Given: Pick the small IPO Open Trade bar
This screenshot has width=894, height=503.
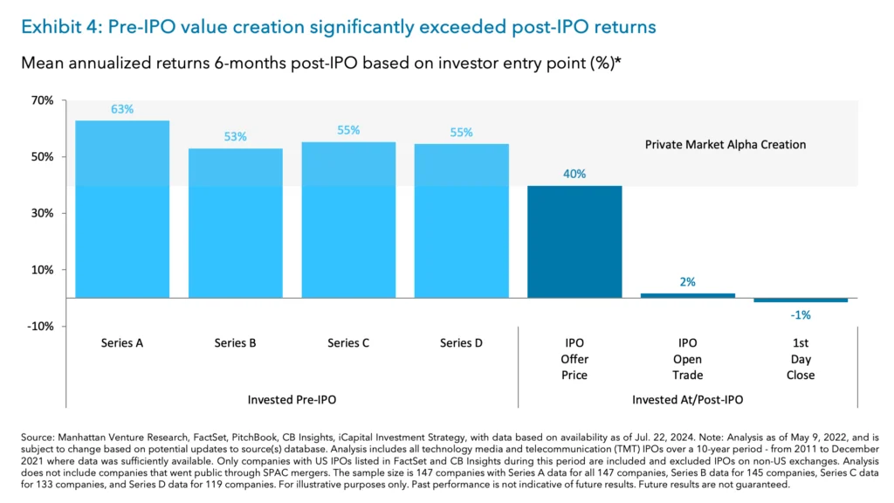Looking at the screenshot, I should [688, 295].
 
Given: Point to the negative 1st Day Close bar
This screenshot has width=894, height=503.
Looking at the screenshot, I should [801, 300].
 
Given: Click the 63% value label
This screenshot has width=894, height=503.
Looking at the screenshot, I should [122, 109].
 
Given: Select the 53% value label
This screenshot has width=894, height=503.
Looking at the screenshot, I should [235, 136].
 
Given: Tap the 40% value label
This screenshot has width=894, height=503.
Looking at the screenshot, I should [574, 174].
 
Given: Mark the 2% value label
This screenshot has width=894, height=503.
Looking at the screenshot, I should [688, 282].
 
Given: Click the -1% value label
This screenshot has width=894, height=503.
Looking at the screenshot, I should [801, 314].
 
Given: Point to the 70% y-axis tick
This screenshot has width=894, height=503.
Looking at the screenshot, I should [41, 101].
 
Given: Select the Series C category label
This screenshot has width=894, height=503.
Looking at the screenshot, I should [348, 343].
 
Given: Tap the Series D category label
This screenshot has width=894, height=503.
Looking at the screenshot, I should [461, 343].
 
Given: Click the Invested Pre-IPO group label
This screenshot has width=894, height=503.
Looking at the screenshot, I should [292, 399].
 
